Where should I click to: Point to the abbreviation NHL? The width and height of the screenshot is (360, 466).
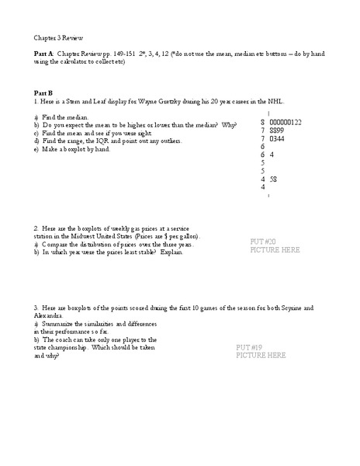(255, 101)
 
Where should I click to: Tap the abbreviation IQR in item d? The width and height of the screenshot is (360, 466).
(102, 141)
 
